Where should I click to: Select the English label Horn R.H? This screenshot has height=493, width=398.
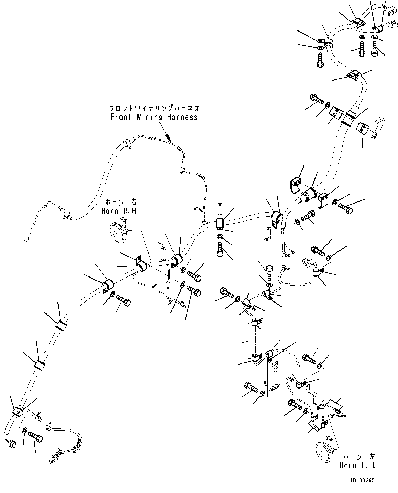(119, 211)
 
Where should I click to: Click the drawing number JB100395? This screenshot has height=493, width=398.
(362, 481)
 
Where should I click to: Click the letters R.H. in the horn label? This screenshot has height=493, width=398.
(131, 211)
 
